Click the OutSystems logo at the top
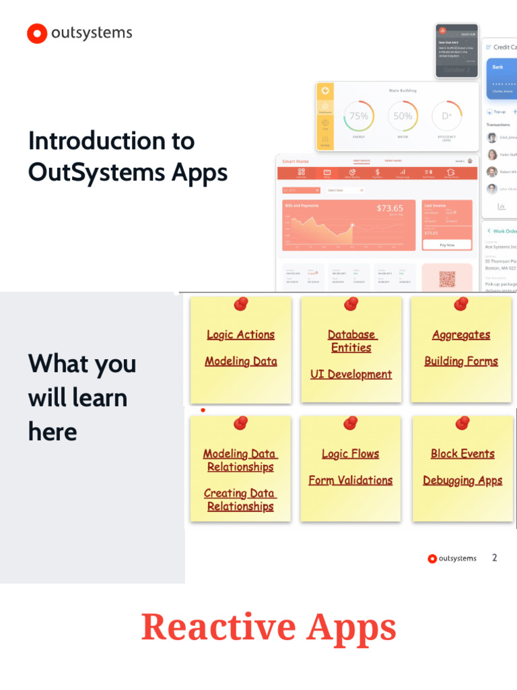coord(79,33)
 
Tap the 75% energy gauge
coord(359,116)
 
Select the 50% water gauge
coord(403,116)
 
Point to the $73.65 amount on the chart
coord(390,208)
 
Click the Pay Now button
coord(447,245)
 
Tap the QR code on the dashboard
coord(447,278)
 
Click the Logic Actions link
coord(240,335)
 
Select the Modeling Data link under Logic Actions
coord(240,361)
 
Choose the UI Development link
coord(351,374)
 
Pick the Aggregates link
coord(461,335)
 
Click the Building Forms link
coord(461,361)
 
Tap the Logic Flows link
coord(351,454)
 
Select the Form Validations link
coord(351,480)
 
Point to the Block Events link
coord(462,454)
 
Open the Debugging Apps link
coord(462,480)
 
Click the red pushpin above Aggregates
coord(461,304)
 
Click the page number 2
coord(495,558)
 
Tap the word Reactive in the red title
coord(218,627)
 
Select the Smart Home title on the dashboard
coord(296,161)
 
